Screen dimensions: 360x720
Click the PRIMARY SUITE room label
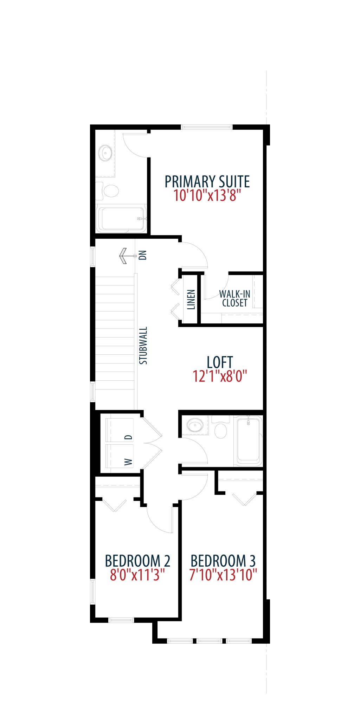pos(207,182)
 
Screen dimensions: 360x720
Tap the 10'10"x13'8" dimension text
pos(207,195)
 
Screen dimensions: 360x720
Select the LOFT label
pos(220,362)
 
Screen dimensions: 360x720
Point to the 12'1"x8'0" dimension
pos(220,376)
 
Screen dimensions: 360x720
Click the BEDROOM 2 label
pos(137,561)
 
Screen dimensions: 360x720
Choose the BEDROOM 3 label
pos(223,561)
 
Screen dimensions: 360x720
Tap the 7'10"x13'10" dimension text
pos(223,575)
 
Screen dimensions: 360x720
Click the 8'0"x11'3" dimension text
pos(137,575)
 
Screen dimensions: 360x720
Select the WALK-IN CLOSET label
pos(234,298)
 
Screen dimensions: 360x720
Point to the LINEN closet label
pos(191,300)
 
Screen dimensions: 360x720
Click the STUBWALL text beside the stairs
pos(143,346)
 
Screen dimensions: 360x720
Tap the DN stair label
pos(143,255)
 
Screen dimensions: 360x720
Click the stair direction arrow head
pos(123,256)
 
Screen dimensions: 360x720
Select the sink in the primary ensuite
pos(105,153)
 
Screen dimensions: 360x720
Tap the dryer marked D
pos(120,430)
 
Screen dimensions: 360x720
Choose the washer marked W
pos(120,456)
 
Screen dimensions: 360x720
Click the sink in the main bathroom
pos(195,426)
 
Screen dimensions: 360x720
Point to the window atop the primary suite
pos(207,127)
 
